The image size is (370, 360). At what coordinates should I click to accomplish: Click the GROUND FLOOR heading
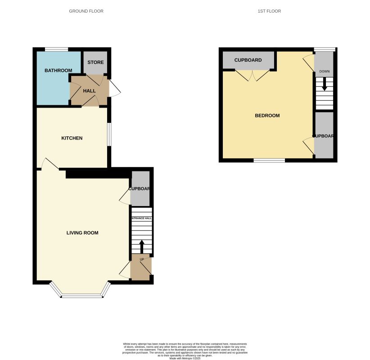point(86,11)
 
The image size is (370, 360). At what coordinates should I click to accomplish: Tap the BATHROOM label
point(58,71)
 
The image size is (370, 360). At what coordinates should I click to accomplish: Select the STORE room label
point(95,63)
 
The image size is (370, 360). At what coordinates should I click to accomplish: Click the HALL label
point(89,91)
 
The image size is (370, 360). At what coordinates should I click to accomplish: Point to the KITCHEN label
point(72,138)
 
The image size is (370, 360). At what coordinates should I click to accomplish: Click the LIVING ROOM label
point(82,233)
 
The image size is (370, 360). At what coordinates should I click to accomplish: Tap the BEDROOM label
point(267,116)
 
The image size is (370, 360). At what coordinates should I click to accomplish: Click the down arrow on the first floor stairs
point(324,84)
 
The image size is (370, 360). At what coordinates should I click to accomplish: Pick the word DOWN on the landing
point(324,72)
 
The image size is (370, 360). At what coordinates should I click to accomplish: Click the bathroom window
point(56,49)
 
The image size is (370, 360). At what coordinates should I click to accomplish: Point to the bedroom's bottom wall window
point(269,160)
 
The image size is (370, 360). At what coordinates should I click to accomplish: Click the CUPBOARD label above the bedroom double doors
point(248,60)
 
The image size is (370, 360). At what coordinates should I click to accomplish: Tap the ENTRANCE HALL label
point(141,218)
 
